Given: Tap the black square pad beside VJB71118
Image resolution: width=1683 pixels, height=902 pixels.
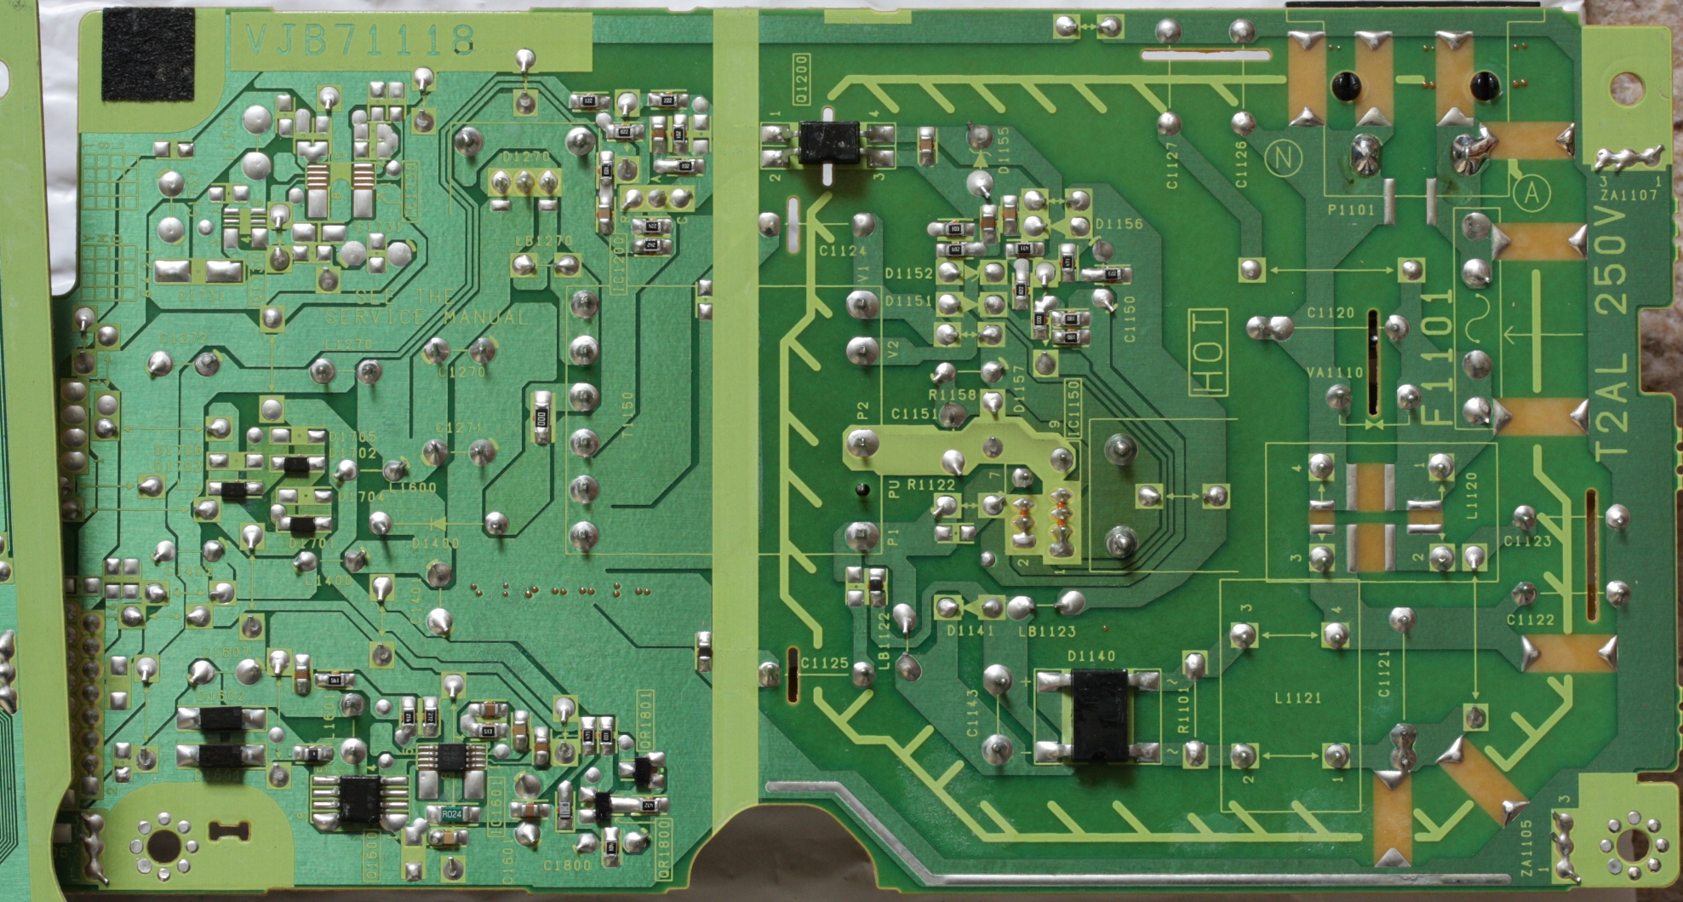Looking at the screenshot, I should point(148,55).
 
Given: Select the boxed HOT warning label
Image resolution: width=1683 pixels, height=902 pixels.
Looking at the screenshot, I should point(1208,353).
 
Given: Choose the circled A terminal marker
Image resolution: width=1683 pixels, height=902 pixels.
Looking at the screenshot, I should point(1531,194).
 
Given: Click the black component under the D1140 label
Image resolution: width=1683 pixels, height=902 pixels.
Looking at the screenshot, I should point(1099,715).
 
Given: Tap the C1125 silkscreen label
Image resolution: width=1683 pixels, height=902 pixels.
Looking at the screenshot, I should point(824,663).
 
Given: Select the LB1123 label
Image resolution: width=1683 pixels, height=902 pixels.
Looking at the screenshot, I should point(1046,632).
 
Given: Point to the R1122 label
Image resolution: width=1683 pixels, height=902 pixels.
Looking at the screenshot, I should point(930,485).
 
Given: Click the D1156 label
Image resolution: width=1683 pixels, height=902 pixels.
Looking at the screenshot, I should point(1119,224).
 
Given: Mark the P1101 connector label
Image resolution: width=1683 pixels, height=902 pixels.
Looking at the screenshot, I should point(1350,210).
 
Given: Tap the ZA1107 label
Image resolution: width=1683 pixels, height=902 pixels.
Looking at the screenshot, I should point(1628,195).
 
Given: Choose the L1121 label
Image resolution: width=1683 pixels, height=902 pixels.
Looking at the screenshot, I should point(1298,698).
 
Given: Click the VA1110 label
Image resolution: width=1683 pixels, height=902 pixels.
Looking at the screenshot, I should point(1334,372).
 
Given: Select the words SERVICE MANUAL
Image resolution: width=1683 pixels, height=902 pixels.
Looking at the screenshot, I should point(426,317).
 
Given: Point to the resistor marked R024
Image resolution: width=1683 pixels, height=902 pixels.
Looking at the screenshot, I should point(452,814).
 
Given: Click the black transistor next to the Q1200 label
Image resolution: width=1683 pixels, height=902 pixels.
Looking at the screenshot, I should point(827,143).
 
